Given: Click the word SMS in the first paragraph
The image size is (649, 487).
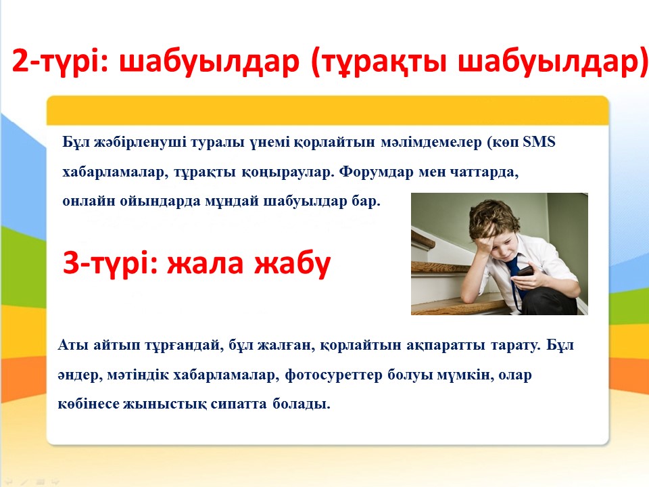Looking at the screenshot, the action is pyautogui.click(x=539, y=142).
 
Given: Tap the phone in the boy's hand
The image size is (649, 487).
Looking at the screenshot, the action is pyautogui.click(x=525, y=272).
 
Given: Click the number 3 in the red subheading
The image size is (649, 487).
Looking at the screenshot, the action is pyautogui.click(x=71, y=262).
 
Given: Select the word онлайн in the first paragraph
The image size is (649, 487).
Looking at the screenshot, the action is pyautogui.click(x=89, y=202).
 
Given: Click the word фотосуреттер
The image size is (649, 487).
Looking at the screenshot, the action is pyautogui.click(x=333, y=375).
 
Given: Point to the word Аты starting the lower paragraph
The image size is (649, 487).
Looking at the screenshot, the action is pyautogui.click(x=72, y=344).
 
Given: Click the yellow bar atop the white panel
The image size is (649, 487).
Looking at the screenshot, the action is pyautogui.click(x=327, y=110).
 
